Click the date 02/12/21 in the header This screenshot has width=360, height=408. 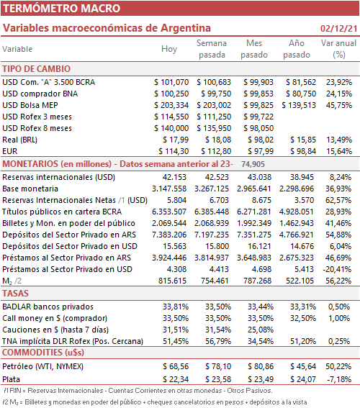[x=338, y=28]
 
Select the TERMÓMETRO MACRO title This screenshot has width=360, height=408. [x=62, y=9]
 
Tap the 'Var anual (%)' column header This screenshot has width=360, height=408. [x=338, y=49]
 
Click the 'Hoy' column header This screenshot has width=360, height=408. [x=169, y=49]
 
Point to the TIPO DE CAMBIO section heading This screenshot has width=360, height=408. [x=37, y=69]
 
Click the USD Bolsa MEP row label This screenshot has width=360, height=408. [x=30, y=105]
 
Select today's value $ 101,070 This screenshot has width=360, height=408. [x=171, y=82]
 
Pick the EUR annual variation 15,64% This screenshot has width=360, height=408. [x=339, y=151]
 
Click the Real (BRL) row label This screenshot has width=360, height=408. [x=19, y=140]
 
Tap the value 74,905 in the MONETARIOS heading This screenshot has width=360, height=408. [x=253, y=164]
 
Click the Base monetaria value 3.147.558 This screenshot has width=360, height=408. [x=169, y=189]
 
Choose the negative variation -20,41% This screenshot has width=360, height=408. [x=338, y=269]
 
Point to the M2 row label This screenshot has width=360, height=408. [x=12, y=281]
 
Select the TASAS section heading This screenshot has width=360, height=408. [x=15, y=294]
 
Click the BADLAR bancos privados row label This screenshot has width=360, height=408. [x=48, y=307]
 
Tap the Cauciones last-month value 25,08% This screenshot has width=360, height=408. [x=261, y=330]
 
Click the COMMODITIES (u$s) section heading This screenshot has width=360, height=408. [x=43, y=353]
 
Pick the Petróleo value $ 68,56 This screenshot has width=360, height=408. [x=176, y=366]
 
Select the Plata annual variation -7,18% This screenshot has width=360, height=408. [x=339, y=379]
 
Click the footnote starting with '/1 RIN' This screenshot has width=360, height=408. [x=138, y=391]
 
